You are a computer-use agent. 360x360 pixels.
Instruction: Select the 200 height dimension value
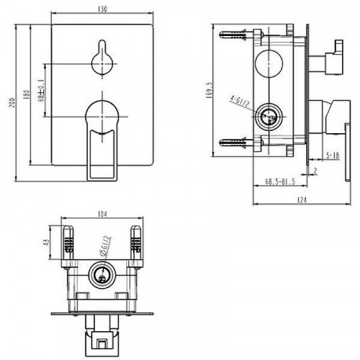tap(11, 104)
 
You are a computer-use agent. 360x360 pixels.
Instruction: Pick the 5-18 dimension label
tap(332, 154)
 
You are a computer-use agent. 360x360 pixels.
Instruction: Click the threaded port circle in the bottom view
tap(101, 275)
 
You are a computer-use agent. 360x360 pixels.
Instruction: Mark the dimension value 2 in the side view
tap(315, 170)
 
